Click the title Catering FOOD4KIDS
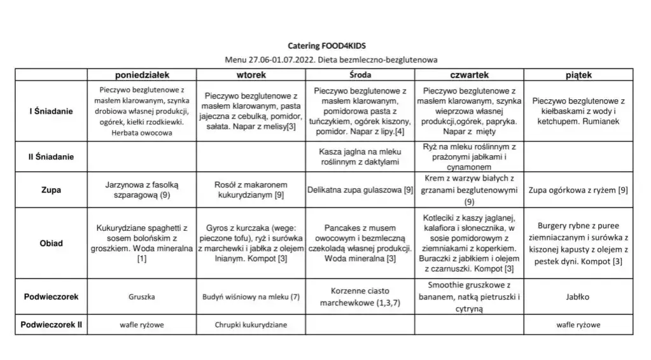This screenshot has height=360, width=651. [x=327, y=46]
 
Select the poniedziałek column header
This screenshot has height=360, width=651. [x=142, y=75]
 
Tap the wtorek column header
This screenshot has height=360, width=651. [x=251, y=75]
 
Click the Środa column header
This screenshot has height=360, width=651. [x=360, y=75]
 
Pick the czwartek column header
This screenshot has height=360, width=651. [x=469, y=75]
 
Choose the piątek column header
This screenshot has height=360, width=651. [x=578, y=75]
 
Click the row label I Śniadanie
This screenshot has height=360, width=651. [x=52, y=111]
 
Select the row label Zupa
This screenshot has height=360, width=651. [x=52, y=190]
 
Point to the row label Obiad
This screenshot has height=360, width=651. [x=52, y=244]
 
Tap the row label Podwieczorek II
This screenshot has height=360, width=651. [x=52, y=325]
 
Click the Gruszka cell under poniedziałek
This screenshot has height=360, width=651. [x=142, y=297]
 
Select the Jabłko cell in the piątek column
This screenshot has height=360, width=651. [x=578, y=297]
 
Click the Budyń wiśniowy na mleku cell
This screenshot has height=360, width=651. [x=251, y=297]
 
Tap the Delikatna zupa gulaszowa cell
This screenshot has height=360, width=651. [x=360, y=190]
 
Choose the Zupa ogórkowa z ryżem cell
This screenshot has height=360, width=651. [x=578, y=190]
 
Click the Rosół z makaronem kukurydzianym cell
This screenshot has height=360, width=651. [x=251, y=190]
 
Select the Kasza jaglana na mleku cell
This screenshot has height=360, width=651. [x=360, y=157]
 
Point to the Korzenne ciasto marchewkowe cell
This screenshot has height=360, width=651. [x=360, y=297]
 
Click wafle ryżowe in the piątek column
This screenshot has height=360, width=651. [x=578, y=325]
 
